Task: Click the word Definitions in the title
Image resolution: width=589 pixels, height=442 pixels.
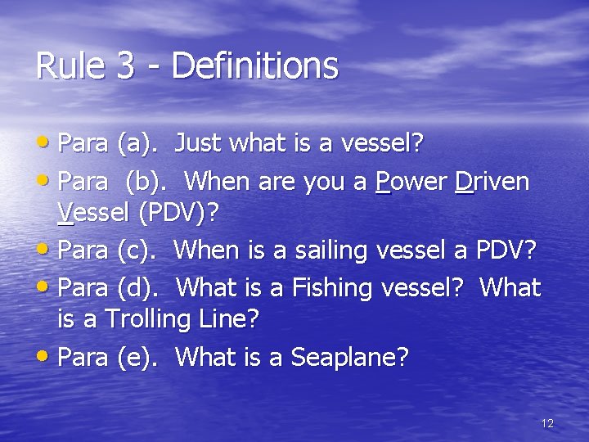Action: pos(255,66)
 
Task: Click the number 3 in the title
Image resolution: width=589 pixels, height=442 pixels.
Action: pos(125,66)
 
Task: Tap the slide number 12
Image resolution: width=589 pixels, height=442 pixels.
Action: pos(547,423)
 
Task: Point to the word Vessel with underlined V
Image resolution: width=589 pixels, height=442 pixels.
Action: pos(95,214)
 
